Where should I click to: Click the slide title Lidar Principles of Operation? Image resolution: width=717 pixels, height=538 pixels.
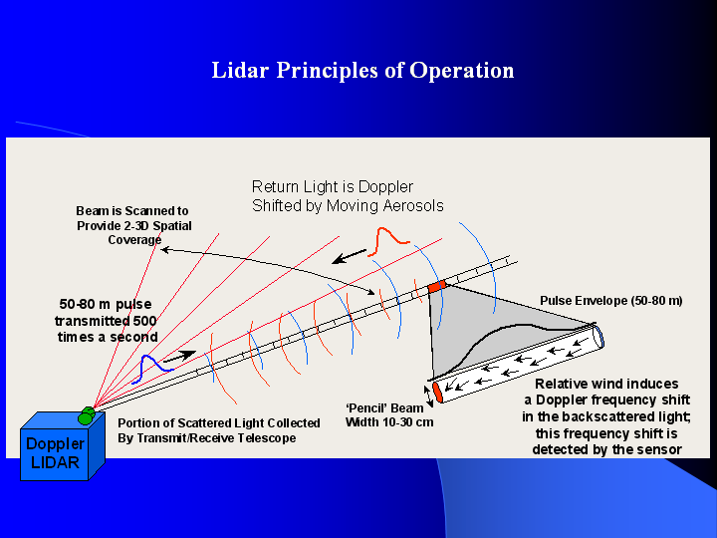362,71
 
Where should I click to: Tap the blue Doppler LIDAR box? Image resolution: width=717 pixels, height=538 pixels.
55,452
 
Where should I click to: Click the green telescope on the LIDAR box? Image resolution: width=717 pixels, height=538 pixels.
89,412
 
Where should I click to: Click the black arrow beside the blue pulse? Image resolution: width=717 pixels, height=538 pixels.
179,355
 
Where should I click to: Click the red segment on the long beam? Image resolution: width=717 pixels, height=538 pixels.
438,287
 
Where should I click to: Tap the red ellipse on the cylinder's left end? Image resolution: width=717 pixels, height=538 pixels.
437,392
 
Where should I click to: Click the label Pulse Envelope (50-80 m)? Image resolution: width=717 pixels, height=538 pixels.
610,300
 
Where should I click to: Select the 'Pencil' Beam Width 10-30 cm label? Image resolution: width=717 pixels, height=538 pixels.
383,414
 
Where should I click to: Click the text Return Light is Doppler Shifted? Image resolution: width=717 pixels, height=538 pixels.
347,196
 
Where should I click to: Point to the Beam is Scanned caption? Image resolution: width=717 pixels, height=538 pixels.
133,225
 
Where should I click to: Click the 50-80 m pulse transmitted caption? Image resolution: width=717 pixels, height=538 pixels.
107,319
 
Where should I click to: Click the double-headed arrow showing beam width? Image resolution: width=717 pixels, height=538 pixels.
429,396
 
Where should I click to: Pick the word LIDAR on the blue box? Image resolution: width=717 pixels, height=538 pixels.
55,462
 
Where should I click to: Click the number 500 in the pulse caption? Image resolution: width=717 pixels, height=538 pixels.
143,320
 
